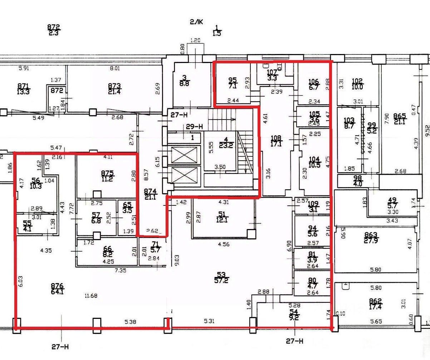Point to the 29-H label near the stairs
coord(195,127)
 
